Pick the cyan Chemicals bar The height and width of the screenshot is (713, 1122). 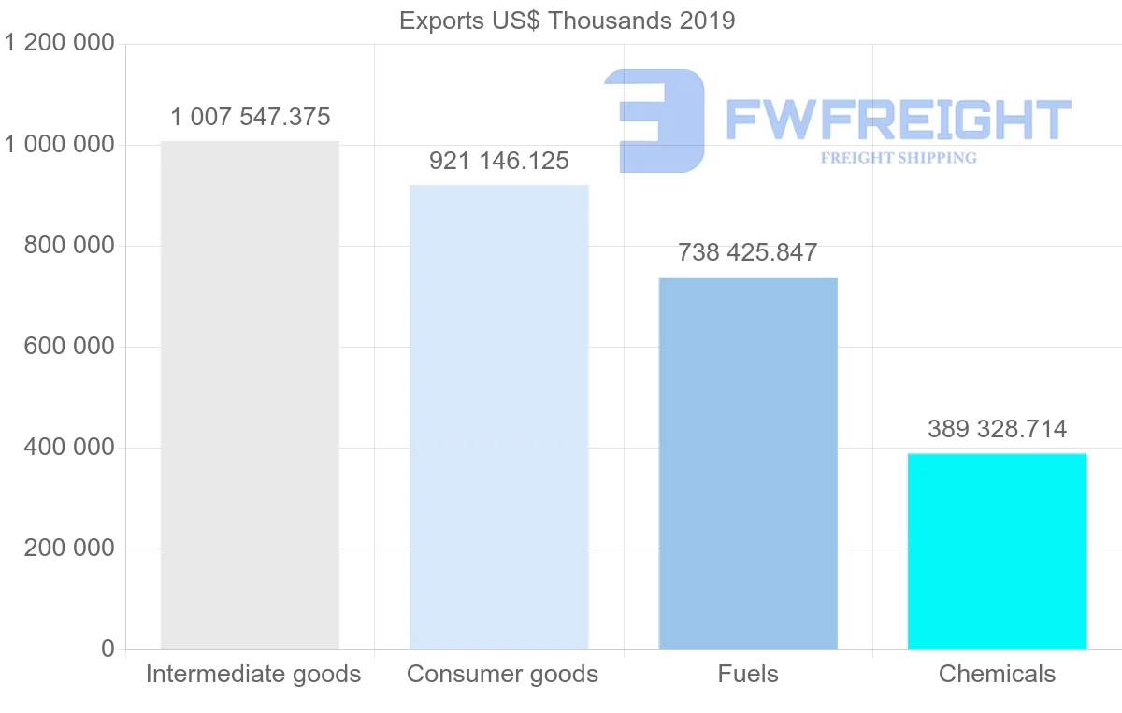(997, 550)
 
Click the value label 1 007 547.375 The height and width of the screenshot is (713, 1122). (251, 118)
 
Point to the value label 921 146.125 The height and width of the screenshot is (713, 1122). (499, 162)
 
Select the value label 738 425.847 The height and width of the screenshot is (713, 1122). (748, 252)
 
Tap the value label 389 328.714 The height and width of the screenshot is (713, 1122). (997, 429)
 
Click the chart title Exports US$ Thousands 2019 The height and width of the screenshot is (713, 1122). (567, 21)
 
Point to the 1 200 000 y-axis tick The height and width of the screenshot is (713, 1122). (60, 44)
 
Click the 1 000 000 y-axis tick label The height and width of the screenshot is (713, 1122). (60, 145)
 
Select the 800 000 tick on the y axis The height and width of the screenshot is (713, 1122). (68, 246)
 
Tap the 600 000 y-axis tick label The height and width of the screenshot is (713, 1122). (68, 347)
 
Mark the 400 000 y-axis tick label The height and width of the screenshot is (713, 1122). (68, 448)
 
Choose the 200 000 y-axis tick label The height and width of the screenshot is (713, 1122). (68, 549)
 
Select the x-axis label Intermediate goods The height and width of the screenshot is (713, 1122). (253, 675)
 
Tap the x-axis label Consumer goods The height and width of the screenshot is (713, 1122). (502, 675)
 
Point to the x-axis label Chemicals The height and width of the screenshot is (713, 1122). (997, 675)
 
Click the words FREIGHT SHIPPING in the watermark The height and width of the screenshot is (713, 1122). (899, 158)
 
